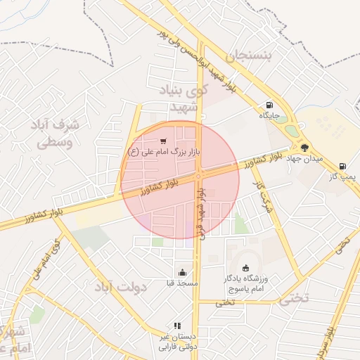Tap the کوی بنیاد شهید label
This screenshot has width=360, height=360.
click(x=190, y=98)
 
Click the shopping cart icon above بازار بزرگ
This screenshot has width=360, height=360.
click(x=164, y=140)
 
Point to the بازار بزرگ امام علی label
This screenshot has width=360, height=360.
click(x=165, y=150)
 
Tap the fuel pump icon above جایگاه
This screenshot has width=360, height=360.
click(x=269, y=104)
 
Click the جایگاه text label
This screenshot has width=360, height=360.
click(x=270, y=115)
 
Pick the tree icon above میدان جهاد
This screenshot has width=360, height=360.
click(x=305, y=148)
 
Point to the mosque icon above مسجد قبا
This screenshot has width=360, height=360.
click(x=183, y=272)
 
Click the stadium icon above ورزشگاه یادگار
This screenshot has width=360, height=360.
click(x=245, y=267)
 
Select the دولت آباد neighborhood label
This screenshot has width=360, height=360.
click(x=120, y=288)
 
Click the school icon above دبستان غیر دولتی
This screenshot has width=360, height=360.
click(x=177, y=326)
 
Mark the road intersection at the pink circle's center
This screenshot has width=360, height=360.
click(x=200, y=176)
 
